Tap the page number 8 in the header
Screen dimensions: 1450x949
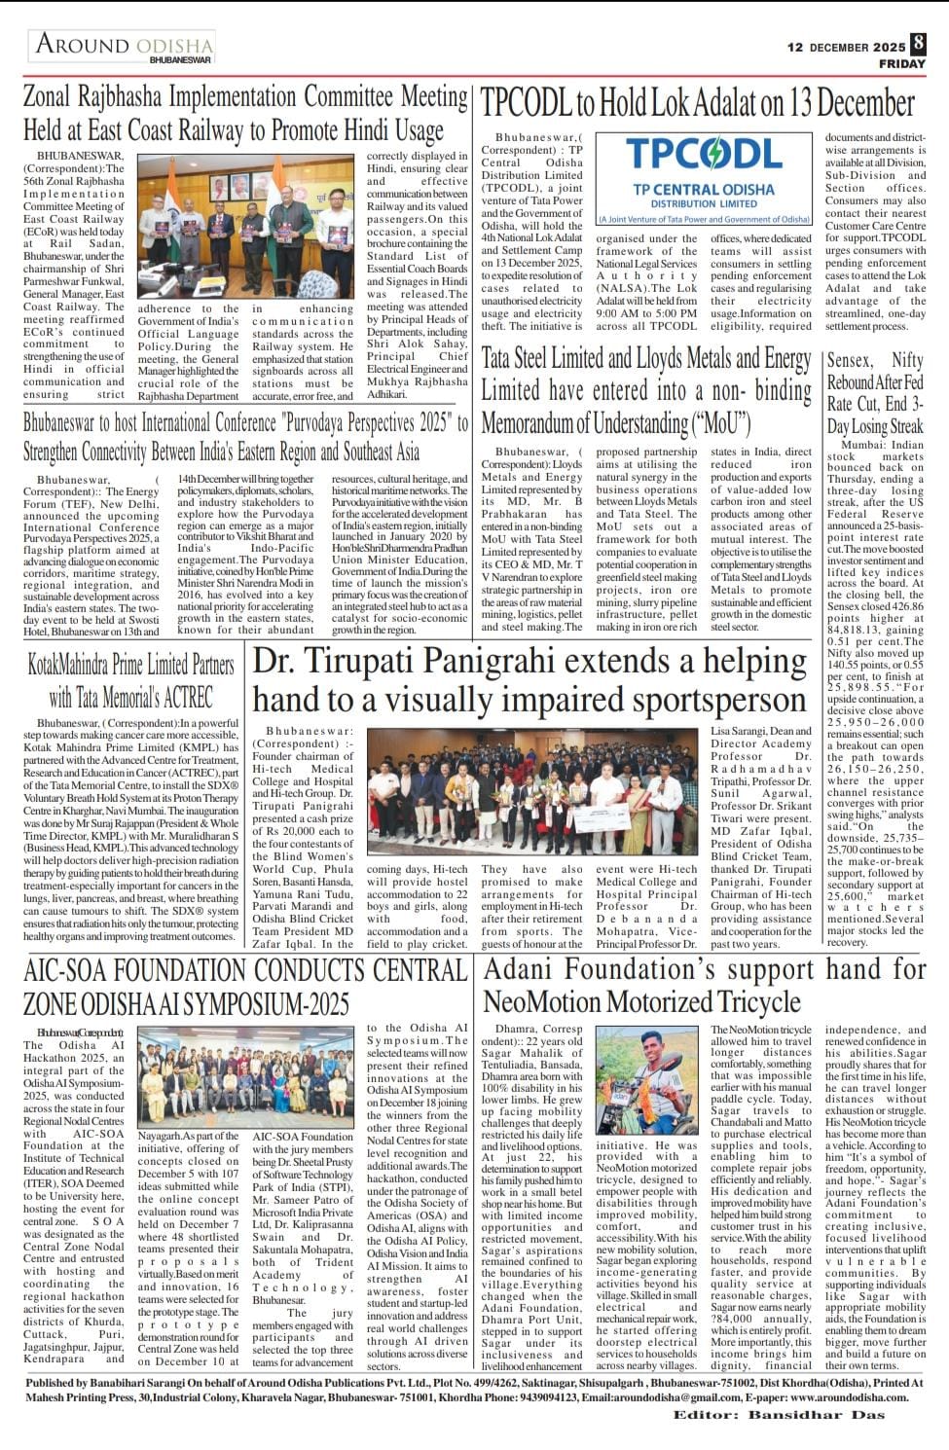point(917,44)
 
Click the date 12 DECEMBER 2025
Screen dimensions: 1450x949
point(846,46)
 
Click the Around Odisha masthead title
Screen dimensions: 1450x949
point(125,46)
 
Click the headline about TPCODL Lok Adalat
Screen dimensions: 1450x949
point(698,103)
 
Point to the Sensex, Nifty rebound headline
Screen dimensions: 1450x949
point(875,393)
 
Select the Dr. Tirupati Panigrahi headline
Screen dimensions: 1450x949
point(529,681)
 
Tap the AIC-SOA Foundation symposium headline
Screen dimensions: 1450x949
point(245,986)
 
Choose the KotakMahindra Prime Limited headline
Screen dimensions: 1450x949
point(130,680)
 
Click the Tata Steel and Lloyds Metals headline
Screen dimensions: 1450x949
point(645,390)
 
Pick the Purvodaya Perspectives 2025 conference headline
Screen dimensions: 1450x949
point(245,437)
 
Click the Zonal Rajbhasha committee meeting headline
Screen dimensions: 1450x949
point(245,113)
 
